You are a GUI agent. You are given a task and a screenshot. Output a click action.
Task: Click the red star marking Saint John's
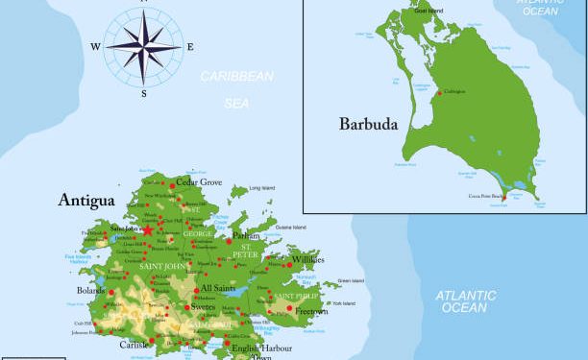148,230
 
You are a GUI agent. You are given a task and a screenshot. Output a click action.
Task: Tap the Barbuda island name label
368,123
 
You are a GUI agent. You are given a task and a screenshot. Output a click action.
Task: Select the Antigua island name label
86,200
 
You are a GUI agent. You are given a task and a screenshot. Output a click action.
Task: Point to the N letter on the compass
143,3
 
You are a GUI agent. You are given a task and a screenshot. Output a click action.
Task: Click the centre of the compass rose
143,45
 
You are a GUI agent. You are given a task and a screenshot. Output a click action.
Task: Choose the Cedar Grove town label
199,181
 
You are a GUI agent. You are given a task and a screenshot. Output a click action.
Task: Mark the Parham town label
246,235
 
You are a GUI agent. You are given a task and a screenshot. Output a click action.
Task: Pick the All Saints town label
218,288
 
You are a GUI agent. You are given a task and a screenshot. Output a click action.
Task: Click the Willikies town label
308,259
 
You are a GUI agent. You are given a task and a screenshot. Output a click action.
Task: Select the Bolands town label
91,290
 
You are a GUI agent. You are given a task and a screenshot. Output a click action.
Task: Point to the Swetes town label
203,307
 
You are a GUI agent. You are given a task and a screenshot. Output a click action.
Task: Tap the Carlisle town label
134,344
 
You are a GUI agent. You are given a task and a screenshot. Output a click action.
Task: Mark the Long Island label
261,188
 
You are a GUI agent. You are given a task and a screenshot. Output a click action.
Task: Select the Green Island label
351,281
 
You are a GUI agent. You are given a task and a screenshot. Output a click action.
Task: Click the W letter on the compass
96,46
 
